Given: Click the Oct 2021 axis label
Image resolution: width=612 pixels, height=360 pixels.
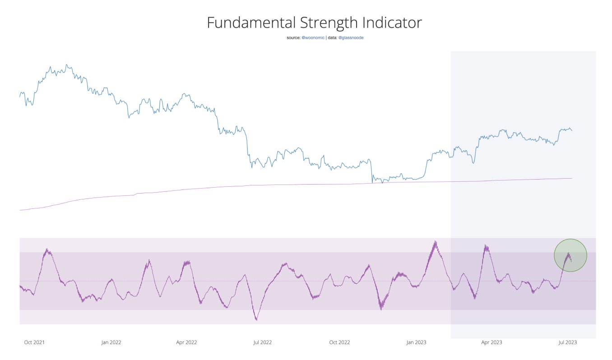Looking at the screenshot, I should pos(34,342).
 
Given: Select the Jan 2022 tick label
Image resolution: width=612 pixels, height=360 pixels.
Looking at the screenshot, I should pos(111,342).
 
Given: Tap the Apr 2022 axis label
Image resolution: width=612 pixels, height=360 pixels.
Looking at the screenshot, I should pos(186,342).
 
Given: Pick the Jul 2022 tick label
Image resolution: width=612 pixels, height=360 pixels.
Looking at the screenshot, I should pos(262,342).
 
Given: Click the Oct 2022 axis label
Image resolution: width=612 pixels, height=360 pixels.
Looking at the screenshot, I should pos(339,342).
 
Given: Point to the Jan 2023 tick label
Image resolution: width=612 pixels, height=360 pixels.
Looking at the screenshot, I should pos(416,342).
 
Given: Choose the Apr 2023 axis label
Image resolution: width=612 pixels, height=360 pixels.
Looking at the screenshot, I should pos(491,342).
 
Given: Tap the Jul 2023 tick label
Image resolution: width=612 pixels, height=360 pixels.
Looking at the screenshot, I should pos(567,342).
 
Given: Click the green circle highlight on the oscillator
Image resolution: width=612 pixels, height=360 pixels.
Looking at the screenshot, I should pos(570,255).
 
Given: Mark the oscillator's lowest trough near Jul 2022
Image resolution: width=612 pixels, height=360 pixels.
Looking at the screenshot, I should pos(256,320).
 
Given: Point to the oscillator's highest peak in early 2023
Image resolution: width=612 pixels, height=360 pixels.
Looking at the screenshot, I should pos(435,241).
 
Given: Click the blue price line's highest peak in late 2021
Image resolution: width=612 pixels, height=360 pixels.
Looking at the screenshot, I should pos(66,65).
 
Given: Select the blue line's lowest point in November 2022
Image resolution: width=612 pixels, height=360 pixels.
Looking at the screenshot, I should pos(382,183).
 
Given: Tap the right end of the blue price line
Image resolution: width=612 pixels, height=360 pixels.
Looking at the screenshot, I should pos(572,131).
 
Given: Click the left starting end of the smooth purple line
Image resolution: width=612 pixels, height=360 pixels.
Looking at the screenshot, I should pos(20,210).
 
